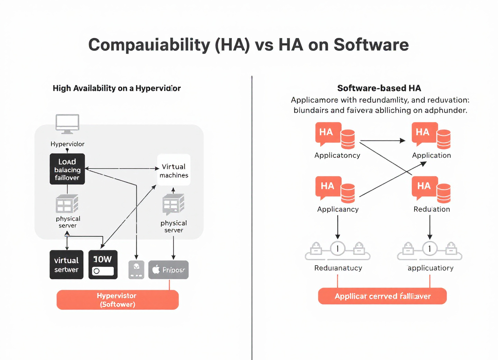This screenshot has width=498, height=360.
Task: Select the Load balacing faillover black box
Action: (x=67, y=169)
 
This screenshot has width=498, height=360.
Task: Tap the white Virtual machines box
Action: (x=174, y=170)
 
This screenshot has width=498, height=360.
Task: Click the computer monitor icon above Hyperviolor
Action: (x=67, y=123)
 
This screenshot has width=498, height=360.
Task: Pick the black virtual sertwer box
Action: (x=66, y=265)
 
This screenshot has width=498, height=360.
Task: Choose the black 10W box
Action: (x=103, y=265)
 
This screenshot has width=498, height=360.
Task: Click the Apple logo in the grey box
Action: (x=156, y=270)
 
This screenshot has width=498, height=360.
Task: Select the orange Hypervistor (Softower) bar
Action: (x=118, y=300)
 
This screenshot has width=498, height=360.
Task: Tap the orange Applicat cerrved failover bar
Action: (x=382, y=296)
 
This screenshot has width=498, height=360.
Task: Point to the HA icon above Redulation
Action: (x=425, y=187)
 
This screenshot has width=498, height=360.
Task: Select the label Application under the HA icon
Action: (x=431, y=155)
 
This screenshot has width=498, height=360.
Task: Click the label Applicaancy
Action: (x=338, y=209)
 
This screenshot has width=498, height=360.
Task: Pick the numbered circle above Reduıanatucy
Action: (x=338, y=248)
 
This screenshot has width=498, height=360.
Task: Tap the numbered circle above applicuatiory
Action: (x=430, y=248)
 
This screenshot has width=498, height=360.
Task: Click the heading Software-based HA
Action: (x=379, y=88)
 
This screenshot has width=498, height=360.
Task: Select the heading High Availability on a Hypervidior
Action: (x=117, y=88)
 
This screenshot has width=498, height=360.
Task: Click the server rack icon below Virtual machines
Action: (x=173, y=204)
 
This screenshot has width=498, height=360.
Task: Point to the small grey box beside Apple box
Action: (x=136, y=270)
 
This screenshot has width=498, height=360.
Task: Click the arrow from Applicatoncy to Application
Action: (x=382, y=141)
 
